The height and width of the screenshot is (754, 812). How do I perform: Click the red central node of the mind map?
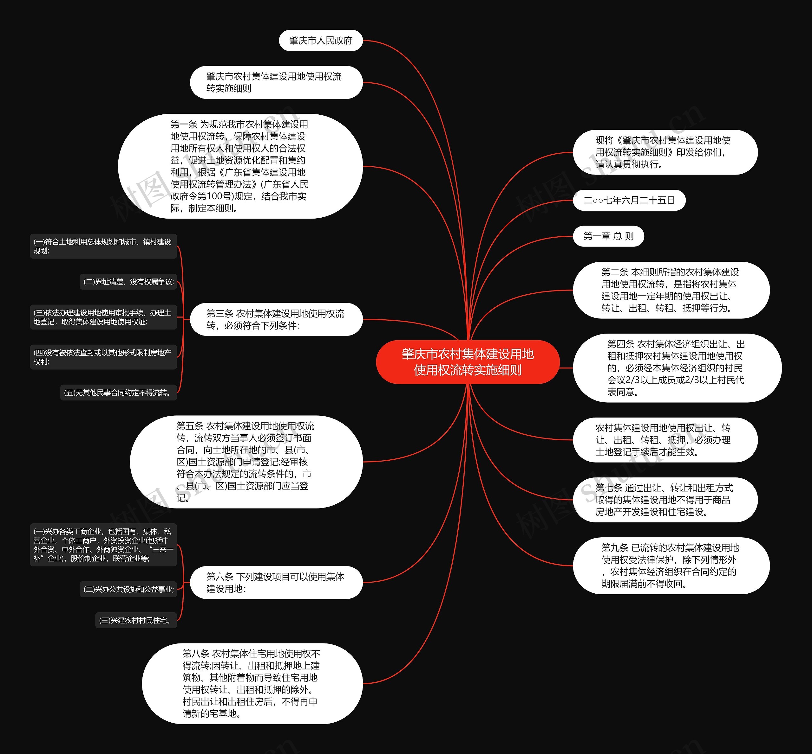coord(468,362)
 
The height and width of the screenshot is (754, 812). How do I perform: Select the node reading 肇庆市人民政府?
coord(321,41)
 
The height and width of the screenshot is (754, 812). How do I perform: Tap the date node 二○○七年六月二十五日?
coord(629,200)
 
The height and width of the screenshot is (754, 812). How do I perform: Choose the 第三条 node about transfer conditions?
coord(276,319)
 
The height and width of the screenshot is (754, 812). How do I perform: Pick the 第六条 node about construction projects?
coord(276,583)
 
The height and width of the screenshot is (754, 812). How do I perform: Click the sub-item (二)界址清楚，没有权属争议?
coord(128,282)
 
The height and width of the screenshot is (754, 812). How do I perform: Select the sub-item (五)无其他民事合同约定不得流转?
coord(118,393)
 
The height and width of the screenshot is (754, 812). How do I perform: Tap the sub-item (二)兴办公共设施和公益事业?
coord(128,590)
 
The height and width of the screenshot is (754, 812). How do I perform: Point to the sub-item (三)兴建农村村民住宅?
coord(136,620)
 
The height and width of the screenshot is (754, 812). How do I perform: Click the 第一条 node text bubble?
coord(240,166)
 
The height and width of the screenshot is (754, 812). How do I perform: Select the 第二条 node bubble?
coord(671,290)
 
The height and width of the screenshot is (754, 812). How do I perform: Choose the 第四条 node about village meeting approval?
coord(677,368)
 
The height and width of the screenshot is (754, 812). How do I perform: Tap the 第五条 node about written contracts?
coord(246,462)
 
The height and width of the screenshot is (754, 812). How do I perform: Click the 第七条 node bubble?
coord(665,500)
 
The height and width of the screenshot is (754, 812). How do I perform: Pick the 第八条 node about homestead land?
coord(252,684)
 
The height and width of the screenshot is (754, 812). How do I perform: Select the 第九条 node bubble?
coord(671,566)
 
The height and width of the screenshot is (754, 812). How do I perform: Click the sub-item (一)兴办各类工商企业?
coord(103,545)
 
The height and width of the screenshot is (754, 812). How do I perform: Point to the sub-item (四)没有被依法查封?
coord(103,357)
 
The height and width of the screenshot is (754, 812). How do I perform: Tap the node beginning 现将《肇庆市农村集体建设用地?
coord(665,152)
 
